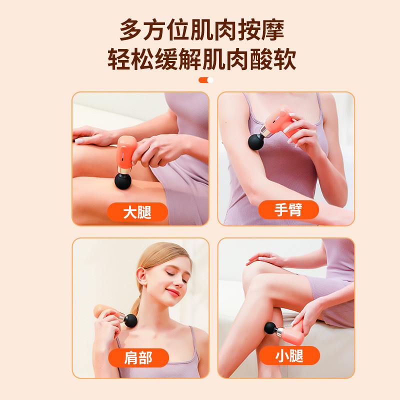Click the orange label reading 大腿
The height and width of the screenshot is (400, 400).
pos(137,212)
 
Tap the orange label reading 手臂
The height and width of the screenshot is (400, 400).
pos(288,209)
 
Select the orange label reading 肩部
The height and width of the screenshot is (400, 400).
pos(138,357)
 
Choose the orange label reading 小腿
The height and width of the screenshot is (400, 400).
pos(289,355)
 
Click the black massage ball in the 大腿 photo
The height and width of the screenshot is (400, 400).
pos(123,181)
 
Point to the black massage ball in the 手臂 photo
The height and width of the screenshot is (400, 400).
pos(256,142)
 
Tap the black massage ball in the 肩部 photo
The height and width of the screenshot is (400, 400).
pos(130,320)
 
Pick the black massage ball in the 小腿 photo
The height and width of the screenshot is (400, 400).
pos(270,328)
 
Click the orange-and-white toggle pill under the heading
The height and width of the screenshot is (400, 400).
pos(206,80)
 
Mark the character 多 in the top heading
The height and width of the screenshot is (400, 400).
pos(130,30)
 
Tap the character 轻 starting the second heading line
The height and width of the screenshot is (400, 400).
pos(118,59)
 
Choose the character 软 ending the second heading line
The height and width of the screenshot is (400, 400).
pos(285,59)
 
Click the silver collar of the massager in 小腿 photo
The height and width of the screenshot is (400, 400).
pos(280,331)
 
